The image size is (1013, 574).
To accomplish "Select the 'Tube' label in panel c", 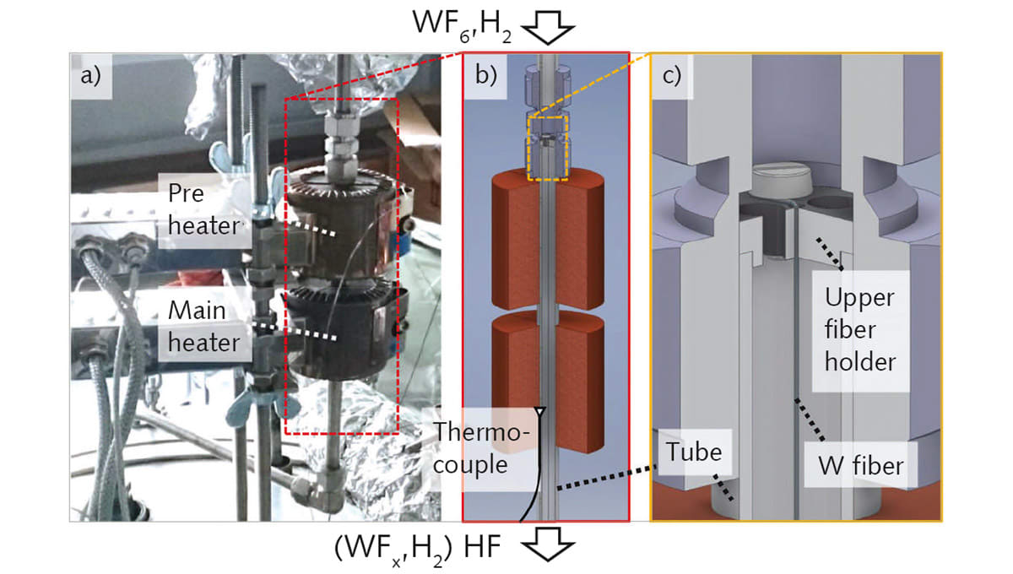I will [x=693, y=452].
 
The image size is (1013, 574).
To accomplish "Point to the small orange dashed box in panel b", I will [x=548, y=149].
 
